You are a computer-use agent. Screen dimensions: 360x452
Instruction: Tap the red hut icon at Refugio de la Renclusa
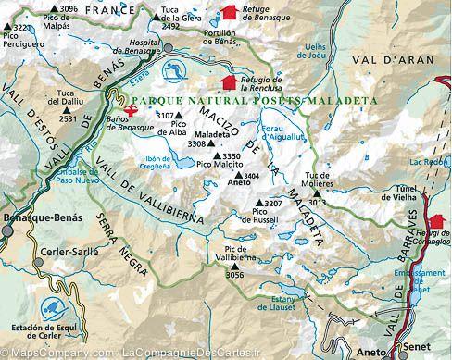(217, 84)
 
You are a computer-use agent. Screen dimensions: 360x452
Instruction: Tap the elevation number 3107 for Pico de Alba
(165, 116)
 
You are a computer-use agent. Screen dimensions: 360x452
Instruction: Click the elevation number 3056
(234, 275)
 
